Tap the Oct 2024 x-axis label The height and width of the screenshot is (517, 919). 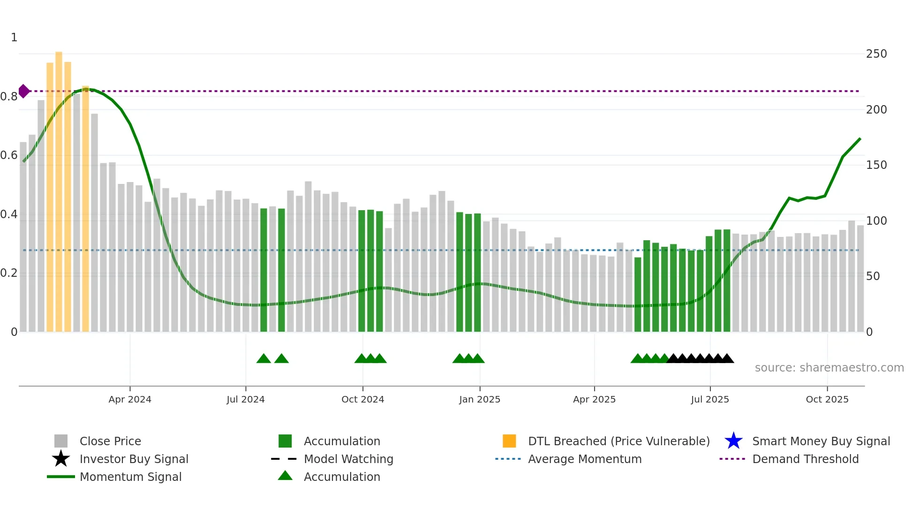click(x=362, y=399)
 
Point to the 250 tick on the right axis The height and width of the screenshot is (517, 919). click(x=876, y=54)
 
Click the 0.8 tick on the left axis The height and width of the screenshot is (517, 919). click(x=9, y=97)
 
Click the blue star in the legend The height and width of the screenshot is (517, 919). click(x=733, y=441)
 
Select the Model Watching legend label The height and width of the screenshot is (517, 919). click(x=348, y=459)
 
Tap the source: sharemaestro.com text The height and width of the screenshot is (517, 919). click(x=829, y=367)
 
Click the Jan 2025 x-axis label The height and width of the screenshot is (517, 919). click(x=479, y=399)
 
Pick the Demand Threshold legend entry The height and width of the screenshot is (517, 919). click(x=805, y=459)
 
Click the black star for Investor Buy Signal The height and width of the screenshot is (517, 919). click(x=61, y=459)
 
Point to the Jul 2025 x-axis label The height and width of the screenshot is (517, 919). click(x=710, y=399)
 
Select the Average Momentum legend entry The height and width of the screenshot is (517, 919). click(x=584, y=459)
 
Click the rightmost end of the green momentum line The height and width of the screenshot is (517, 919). click(x=860, y=139)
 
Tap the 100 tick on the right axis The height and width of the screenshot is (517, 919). click(x=876, y=220)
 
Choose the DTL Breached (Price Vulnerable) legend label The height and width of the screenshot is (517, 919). click(x=618, y=441)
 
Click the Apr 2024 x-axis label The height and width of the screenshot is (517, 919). click(x=130, y=399)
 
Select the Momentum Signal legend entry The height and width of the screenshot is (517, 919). click(x=130, y=477)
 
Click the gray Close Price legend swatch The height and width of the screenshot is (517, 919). click(x=61, y=441)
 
